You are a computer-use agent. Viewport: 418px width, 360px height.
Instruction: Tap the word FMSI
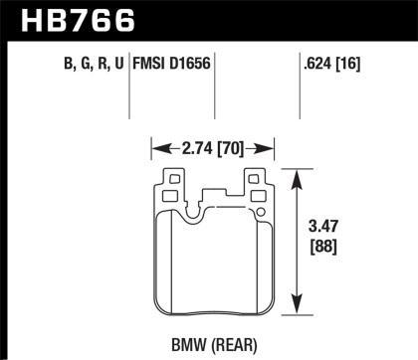click(x=157, y=69)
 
